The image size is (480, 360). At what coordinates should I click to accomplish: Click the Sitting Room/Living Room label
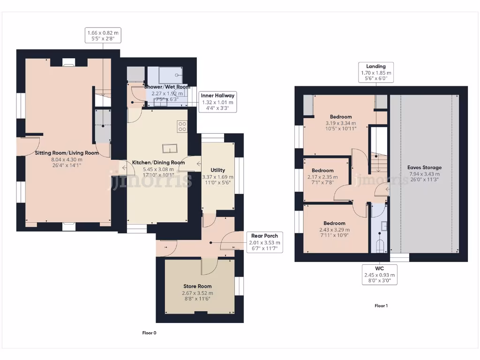(67, 153)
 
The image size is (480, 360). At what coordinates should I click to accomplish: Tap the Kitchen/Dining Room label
(158, 163)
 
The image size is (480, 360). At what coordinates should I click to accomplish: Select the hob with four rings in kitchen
(182, 126)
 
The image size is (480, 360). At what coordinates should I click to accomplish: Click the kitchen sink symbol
(169, 149)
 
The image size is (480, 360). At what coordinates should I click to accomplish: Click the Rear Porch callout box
(264, 242)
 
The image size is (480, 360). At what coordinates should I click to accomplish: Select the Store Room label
(197, 286)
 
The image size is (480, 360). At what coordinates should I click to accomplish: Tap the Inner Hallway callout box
(217, 102)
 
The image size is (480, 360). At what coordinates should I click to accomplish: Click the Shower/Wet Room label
(167, 87)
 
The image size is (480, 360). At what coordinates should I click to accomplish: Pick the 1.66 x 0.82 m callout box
(102, 36)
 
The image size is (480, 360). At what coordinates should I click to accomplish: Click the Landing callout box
(376, 73)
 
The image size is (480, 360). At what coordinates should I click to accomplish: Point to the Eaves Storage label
(424, 167)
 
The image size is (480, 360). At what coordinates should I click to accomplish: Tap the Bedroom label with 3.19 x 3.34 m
(341, 117)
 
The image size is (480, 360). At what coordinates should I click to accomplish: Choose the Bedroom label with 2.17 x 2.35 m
(322, 170)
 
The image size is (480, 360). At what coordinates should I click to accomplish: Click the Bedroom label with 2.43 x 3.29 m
(334, 223)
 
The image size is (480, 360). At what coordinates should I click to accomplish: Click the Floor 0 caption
(149, 333)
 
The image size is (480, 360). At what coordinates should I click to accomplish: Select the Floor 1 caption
(381, 306)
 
